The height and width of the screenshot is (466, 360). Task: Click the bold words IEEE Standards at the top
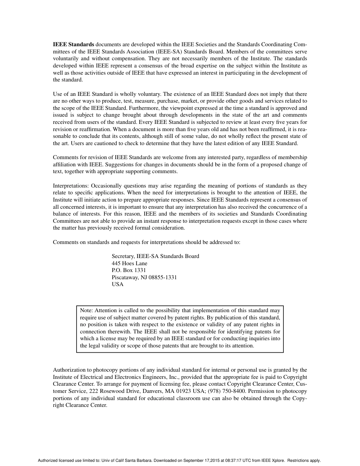coord(73,44)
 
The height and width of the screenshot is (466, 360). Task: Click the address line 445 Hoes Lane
coord(129,263)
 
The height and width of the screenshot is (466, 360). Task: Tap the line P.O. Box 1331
coord(128,270)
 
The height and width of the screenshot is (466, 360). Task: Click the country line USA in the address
coord(117,284)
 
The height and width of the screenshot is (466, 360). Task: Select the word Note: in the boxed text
coord(87,310)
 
